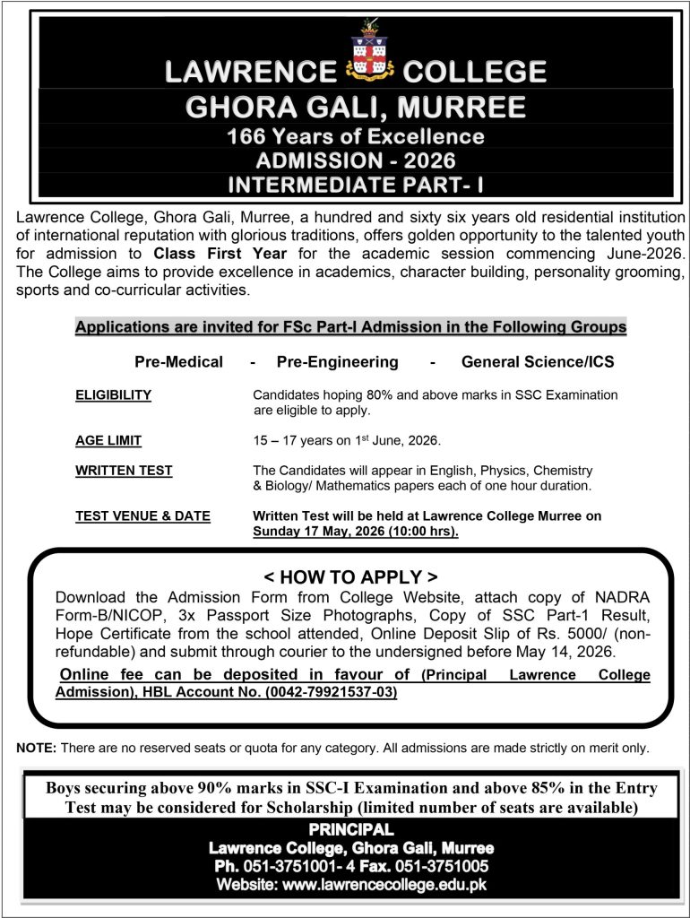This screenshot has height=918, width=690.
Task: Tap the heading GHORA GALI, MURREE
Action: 356,108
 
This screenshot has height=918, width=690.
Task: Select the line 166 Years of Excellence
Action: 356,138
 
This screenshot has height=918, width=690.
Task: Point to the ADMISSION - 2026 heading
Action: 356,162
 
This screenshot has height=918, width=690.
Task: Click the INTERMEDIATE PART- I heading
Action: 356,186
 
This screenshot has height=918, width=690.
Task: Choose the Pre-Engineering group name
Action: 338,362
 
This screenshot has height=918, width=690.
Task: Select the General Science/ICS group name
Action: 538,362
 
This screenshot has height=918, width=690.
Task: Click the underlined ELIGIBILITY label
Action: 113,395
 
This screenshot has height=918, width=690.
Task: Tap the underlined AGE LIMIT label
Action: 108,440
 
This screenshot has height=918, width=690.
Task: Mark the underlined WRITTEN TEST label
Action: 124,471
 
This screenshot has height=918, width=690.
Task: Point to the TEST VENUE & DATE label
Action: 142,516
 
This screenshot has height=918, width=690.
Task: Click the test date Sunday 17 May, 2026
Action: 355,532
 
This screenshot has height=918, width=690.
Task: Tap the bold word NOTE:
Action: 37,748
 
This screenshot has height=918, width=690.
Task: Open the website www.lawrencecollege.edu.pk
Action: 384,884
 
